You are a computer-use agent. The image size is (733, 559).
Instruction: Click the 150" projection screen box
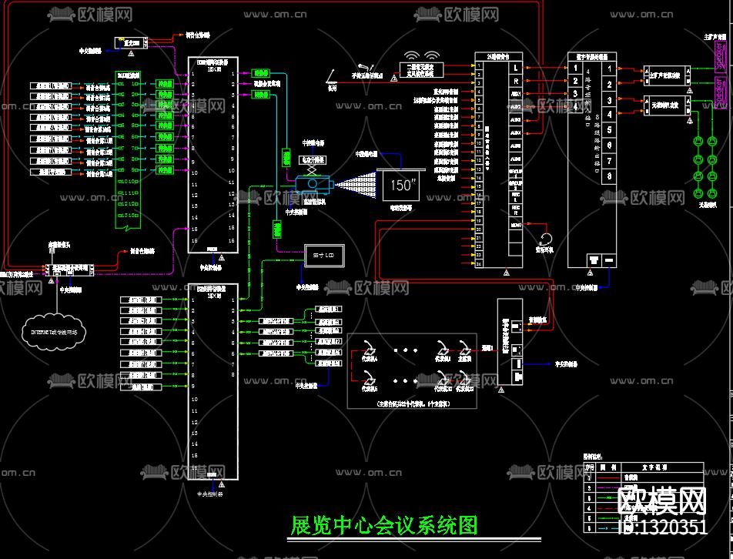coord(401,186)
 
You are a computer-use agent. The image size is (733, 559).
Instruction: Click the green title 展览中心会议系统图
coord(383,525)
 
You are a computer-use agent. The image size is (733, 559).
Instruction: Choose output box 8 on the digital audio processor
coord(610,176)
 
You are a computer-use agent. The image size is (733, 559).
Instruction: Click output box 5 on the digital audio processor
coord(610,129)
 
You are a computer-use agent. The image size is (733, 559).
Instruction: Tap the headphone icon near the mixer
coord(546,238)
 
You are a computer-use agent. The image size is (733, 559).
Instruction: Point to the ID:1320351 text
coord(663,527)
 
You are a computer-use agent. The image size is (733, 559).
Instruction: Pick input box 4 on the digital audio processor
coord(575,107)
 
